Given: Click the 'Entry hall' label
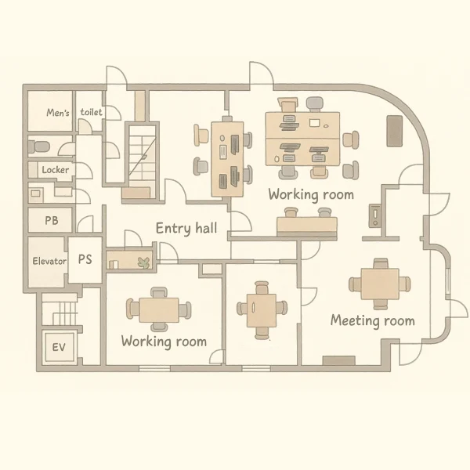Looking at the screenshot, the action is [186, 229].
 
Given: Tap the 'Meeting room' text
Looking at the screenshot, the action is [373, 320].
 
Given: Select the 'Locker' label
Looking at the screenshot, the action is [56, 170].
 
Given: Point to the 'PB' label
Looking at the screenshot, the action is [51, 221].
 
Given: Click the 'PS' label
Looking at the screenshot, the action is [85, 259].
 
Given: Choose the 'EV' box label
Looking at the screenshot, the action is [59, 347].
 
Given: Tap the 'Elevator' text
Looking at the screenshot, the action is [49, 261].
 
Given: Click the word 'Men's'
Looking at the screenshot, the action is [58, 113].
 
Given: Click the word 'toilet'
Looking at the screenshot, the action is [91, 112].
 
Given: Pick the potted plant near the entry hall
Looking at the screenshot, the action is [144, 262].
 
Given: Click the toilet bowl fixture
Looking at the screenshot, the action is [39, 147].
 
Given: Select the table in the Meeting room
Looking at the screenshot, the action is [380, 284].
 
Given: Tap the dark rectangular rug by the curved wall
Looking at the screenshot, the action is [395, 131].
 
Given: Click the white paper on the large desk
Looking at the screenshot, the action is [314, 123].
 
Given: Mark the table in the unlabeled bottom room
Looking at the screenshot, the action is [262, 310].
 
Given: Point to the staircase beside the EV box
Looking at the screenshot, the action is [60, 309].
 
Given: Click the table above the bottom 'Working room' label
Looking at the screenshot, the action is [159, 310].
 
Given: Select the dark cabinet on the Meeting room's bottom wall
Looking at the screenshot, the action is [339, 360].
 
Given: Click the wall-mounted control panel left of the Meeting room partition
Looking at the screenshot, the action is [374, 216].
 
